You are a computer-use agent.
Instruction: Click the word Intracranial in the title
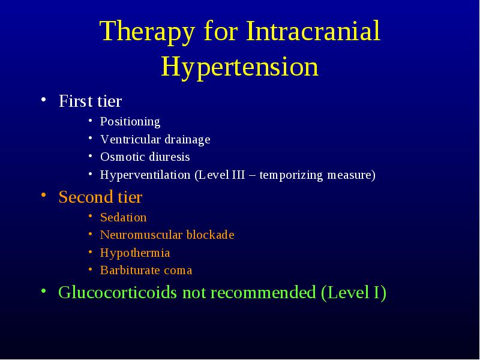[x=313, y=31]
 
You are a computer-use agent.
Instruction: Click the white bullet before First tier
[x=44, y=99]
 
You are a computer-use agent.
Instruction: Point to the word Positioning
[x=130, y=122]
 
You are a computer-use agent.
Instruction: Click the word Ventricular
[x=131, y=139]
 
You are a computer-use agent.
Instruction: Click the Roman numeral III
[x=238, y=175]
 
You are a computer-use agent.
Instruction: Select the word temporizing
[x=291, y=175]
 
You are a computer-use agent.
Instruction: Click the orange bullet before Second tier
[x=44, y=195]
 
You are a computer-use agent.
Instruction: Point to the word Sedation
[x=124, y=217]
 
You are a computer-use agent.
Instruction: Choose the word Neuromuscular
[x=141, y=235]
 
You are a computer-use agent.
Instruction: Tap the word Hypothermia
[x=135, y=253]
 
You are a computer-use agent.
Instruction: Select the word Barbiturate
[x=130, y=270]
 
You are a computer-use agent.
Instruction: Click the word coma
[x=178, y=271]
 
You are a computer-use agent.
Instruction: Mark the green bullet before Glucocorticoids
[x=44, y=290]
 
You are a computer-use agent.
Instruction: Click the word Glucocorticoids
[x=118, y=292]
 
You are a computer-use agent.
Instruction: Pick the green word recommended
[x=263, y=292]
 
